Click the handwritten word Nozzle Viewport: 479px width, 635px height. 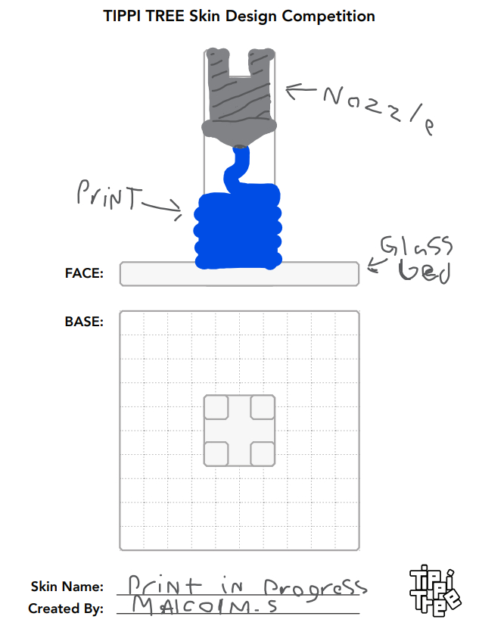[379, 108]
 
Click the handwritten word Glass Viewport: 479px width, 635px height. [416, 246]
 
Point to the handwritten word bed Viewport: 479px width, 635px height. [424, 271]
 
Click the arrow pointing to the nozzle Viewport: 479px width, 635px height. [301, 90]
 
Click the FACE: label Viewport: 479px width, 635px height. [84, 273]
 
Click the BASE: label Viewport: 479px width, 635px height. [84, 322]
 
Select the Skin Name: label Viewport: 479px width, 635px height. [67, 587]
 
